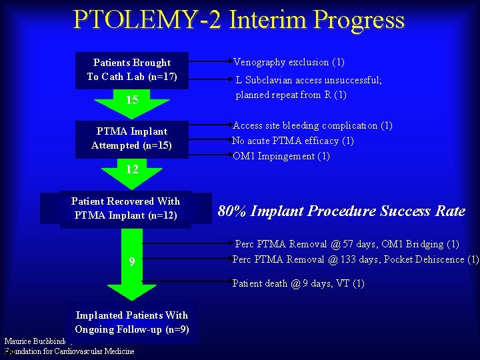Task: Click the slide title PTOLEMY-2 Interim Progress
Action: click(x=239, y=19)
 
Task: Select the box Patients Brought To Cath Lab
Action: click(x=132, y=69)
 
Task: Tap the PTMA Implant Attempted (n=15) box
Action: click(x=132, y=139)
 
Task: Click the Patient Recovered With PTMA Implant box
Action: click(x=125, y=208)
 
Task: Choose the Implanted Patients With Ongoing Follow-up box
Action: click(x=132, y=322)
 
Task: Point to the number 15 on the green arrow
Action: click(x=132, y=100)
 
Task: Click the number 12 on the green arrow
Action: click(x=132, y=169)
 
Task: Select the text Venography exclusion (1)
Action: click(x=289, y=62)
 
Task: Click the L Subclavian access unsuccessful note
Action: click(x=308, y=87)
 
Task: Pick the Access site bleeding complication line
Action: click(x=312, y=125)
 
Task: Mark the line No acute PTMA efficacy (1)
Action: click(x=293, y=141)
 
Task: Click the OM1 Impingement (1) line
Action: click(x=281, y=156)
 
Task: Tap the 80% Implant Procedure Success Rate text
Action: click(x=341, y=211)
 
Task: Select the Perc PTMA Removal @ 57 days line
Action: click(x=347, y=244)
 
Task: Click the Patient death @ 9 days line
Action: click(x=298, y=283)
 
